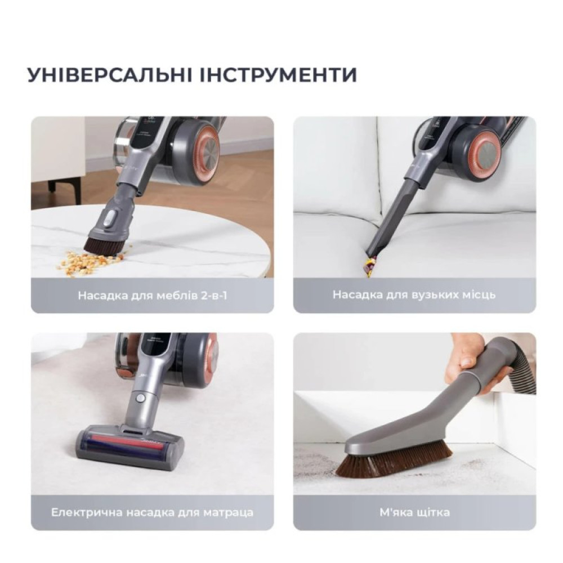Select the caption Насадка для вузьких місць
pyautogui.click(x=414, y=295)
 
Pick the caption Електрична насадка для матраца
pyautogui.click(x=152, y=512)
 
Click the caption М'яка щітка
pyautogui.click(x=414, y=512)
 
